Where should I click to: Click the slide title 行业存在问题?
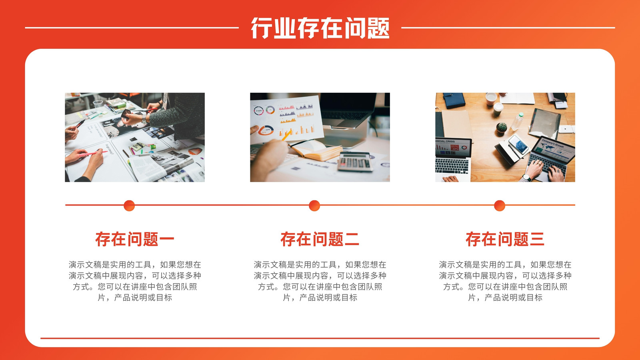[x=320, y=28]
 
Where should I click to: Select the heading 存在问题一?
[x=134, y=239]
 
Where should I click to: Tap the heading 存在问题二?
[x=320, y=239]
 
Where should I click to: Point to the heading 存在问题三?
[x=505, y=239]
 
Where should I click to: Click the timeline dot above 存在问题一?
[x=129, y=206]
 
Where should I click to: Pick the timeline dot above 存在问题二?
[x=314, y=206]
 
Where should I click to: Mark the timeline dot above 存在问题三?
[x=500, y=206]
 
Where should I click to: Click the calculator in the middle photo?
[x=355, y=162]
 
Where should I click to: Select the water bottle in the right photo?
[x=518, y=122]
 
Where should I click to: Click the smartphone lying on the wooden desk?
[x=518, y=144]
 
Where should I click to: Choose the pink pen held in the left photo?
[x=93, y=154]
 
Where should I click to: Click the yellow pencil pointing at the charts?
[x=286, y=135]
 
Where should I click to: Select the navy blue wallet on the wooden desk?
[x=454, y=100]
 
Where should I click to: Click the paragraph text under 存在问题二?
[x=320, y=281]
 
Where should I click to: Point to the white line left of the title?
[x=132, y=28]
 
